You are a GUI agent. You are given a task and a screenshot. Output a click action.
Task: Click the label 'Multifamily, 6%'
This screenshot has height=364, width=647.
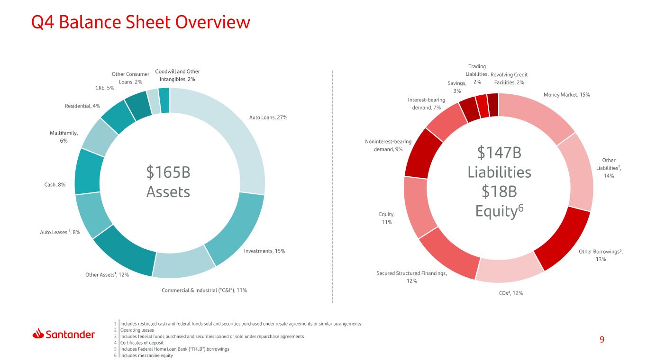coord(64,137)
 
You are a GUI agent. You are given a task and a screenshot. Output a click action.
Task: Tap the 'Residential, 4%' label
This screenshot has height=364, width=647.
coord(82,106)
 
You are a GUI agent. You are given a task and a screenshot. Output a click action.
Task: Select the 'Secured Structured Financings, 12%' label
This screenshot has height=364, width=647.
coord(411,277)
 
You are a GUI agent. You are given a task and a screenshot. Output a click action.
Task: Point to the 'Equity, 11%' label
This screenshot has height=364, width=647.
coord(387,218)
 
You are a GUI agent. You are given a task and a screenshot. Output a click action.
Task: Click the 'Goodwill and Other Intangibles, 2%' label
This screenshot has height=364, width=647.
coord(177,75)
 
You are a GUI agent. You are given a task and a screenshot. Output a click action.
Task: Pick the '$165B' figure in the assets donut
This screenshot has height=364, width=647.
coord(168,172)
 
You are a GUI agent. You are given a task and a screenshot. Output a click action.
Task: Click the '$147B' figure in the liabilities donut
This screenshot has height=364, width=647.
coord(499,153)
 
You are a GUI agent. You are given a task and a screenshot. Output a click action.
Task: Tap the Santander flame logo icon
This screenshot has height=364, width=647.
coord(38,334)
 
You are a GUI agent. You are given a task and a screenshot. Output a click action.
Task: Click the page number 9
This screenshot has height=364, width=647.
coord(602,339)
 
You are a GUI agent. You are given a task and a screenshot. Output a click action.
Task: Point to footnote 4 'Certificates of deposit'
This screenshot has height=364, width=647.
coord(142,343)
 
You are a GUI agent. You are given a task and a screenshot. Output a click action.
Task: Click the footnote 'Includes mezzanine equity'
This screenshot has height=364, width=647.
coord(146,355)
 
